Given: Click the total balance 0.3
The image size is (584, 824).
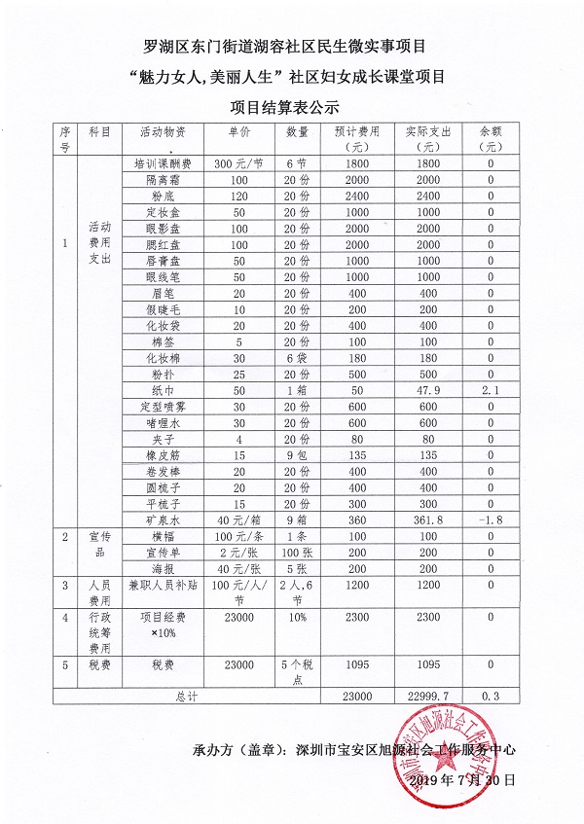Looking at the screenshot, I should click(x=491, y=697).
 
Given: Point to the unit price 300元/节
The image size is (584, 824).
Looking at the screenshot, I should click(x=239, y=163).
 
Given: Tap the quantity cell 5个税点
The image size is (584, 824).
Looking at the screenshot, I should click(x=297, y=671).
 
